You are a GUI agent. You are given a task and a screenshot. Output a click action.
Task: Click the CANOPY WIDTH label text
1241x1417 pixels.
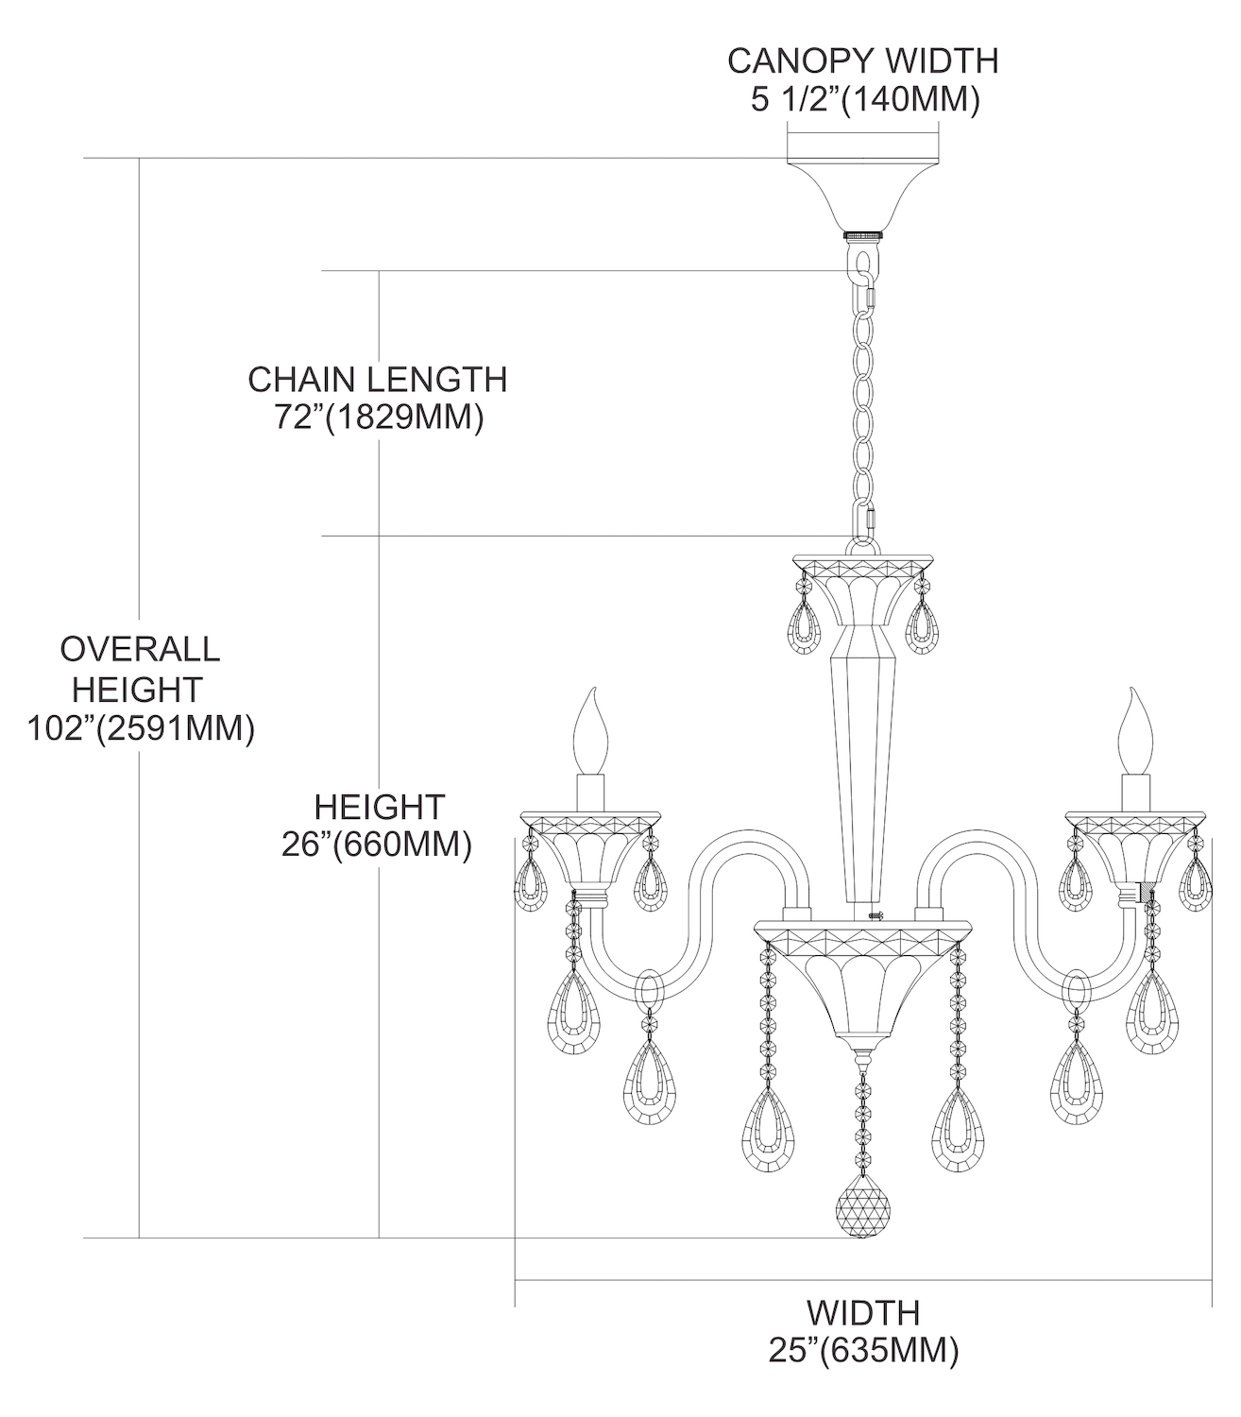(862, 60)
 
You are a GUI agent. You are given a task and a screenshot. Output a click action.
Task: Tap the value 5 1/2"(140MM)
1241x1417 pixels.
(862, 99)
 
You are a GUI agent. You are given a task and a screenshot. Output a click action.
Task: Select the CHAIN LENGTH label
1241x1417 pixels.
(377, 380)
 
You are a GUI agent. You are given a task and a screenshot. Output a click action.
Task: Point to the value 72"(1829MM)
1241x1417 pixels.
(379, 417)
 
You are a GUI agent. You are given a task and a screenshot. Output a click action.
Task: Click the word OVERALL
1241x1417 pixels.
(140, 649)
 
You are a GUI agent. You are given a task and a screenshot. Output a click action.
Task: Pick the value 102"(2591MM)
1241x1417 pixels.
(140, 729)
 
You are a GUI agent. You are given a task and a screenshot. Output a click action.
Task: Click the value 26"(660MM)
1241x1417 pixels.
(377, 845)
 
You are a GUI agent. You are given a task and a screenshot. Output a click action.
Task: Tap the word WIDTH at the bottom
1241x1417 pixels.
(862, 1312)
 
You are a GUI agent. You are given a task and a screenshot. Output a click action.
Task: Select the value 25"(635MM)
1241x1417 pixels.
(862, 1351)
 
